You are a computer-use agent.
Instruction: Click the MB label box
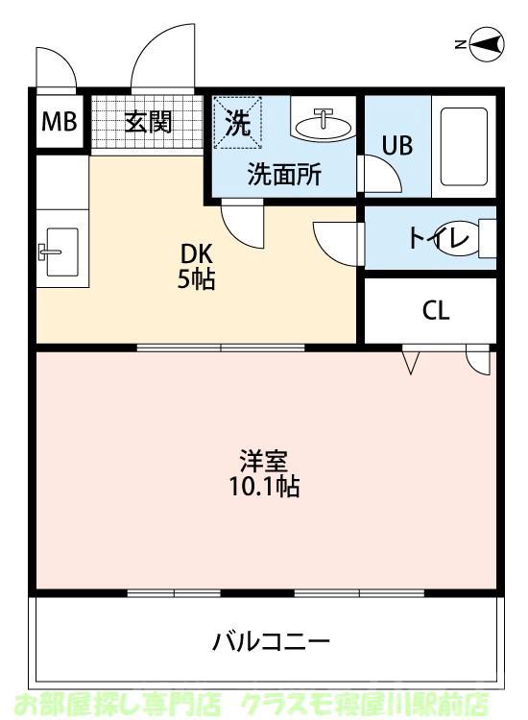point(58,123)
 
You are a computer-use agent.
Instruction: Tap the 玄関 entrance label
point(148,123)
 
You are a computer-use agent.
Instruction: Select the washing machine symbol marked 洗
point(236,123)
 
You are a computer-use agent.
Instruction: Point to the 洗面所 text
point(285,175)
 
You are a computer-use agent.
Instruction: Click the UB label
point(397,146)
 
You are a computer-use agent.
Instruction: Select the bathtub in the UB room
point(465,146)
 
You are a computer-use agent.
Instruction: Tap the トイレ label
point(439,237)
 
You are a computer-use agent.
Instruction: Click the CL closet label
point(435,310)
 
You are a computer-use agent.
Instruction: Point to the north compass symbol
point(484,44)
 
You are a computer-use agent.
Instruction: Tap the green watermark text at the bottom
point(263,704)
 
